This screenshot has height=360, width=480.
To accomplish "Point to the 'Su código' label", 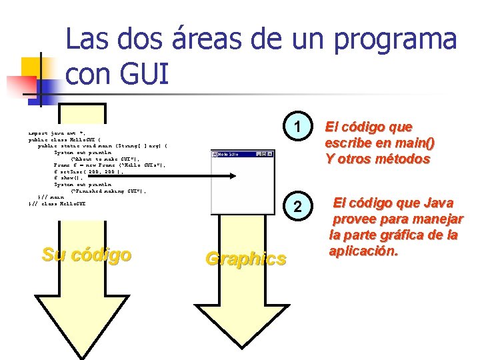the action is [86, 254].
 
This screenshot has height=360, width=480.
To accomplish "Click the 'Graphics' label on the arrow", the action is [246, 259].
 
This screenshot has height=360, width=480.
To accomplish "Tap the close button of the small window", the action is [271, 154].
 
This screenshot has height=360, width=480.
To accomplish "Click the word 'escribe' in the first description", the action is [348, 143].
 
